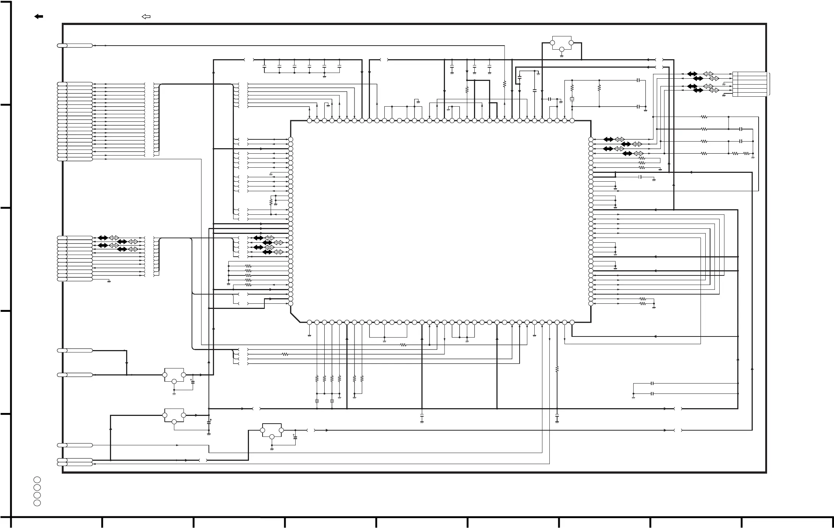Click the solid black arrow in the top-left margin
[39, 17]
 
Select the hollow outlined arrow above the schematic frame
[146, 17]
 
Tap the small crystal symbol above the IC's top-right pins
[572, 99]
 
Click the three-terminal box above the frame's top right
[562, 42]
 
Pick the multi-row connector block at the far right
[749, 84]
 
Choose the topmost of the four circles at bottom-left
[37, 480]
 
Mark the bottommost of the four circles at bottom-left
[37, 503]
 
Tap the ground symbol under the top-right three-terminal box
[562, 56]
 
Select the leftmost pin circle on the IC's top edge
[309, 121]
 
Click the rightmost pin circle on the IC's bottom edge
[572, 322]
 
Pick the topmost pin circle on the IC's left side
[291, 140]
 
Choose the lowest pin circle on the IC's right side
[591, 304]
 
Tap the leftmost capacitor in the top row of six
[264, 67]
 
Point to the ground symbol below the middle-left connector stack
[109, 282]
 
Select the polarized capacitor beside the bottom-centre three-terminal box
[295, 437]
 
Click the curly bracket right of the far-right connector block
[769, 84]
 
